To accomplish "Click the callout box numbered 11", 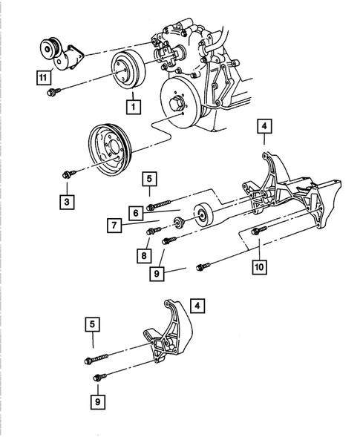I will pos(44,76).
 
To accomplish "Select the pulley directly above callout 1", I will pos(129,72).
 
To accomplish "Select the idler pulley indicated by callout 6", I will pos(203,216).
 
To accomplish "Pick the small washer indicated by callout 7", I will pos(178,223).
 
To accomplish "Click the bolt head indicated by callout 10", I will pos(257,231).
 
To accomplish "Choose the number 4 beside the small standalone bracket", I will pos(196,304).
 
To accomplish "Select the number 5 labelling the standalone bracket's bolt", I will pos(92,323).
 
